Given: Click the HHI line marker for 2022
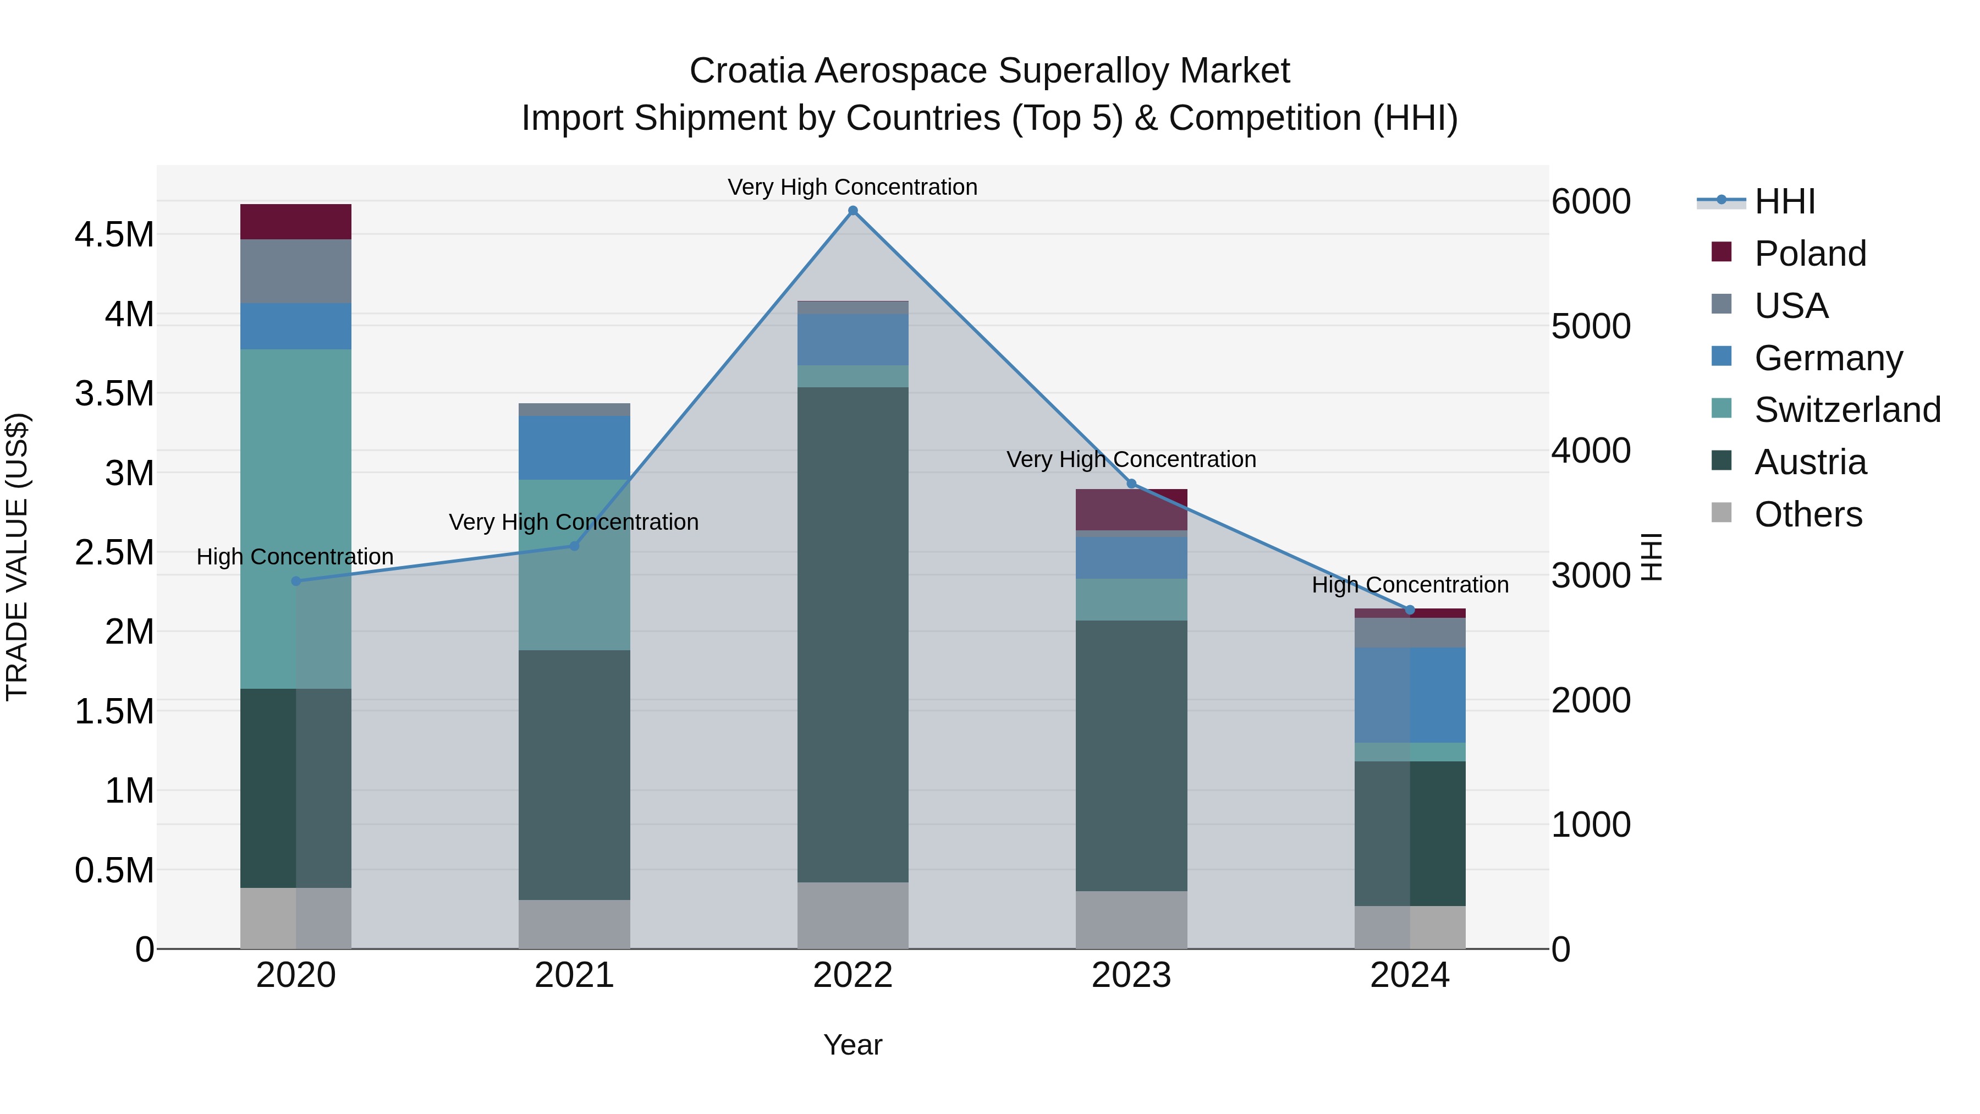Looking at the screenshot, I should pyautogui.click(x=853, y=211).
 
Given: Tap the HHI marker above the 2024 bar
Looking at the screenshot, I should pyautogui.click(x=1410, y=610).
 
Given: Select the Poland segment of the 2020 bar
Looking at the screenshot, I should pyautogui.click(x=296, y=221).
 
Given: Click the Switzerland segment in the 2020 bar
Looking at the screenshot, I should pyautogui.click(x=296, y=519).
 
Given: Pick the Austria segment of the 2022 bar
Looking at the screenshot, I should pyautogui.click(x=853, y=634).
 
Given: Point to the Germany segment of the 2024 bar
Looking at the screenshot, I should pyautogui.click(x=1410, y=695).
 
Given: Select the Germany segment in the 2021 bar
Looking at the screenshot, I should pyautogui.click(x=574, y=447).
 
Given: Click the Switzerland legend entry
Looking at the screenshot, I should pyautogui.click(x=1846, y=410).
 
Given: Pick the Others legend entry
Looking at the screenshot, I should pyautogui.click(x=1807, y=514).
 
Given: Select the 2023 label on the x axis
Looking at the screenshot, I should pyautogui.click(x=1131, y=975).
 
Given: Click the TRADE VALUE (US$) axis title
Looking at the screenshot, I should pyautogui.click(x=17, y=557).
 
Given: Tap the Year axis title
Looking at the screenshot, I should pyautogui.click(x=853, y=1045).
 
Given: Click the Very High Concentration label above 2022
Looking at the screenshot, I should pyautogui.click(x=853, y=187).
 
